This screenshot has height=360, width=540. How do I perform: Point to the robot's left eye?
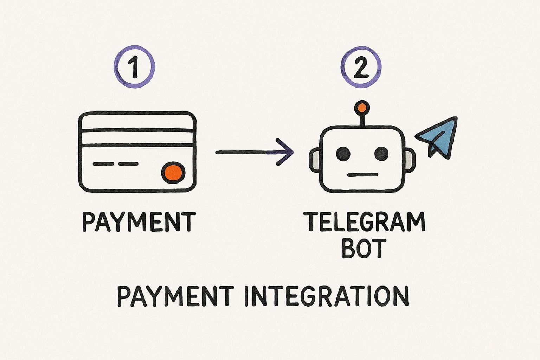click(343, 153)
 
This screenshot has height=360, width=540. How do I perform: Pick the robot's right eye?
click(381, 153)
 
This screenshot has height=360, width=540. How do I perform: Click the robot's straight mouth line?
click(362, 174)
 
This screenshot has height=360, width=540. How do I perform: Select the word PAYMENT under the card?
click(139, 221)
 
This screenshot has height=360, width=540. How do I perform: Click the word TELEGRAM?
click(366, 221)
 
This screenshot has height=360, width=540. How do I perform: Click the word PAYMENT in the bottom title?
click(175, 296)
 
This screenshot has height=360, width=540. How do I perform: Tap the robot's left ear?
click(314, 159)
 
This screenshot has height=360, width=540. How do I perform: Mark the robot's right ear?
click(410, 159)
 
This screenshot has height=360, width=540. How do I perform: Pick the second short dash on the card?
click(129, 164)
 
